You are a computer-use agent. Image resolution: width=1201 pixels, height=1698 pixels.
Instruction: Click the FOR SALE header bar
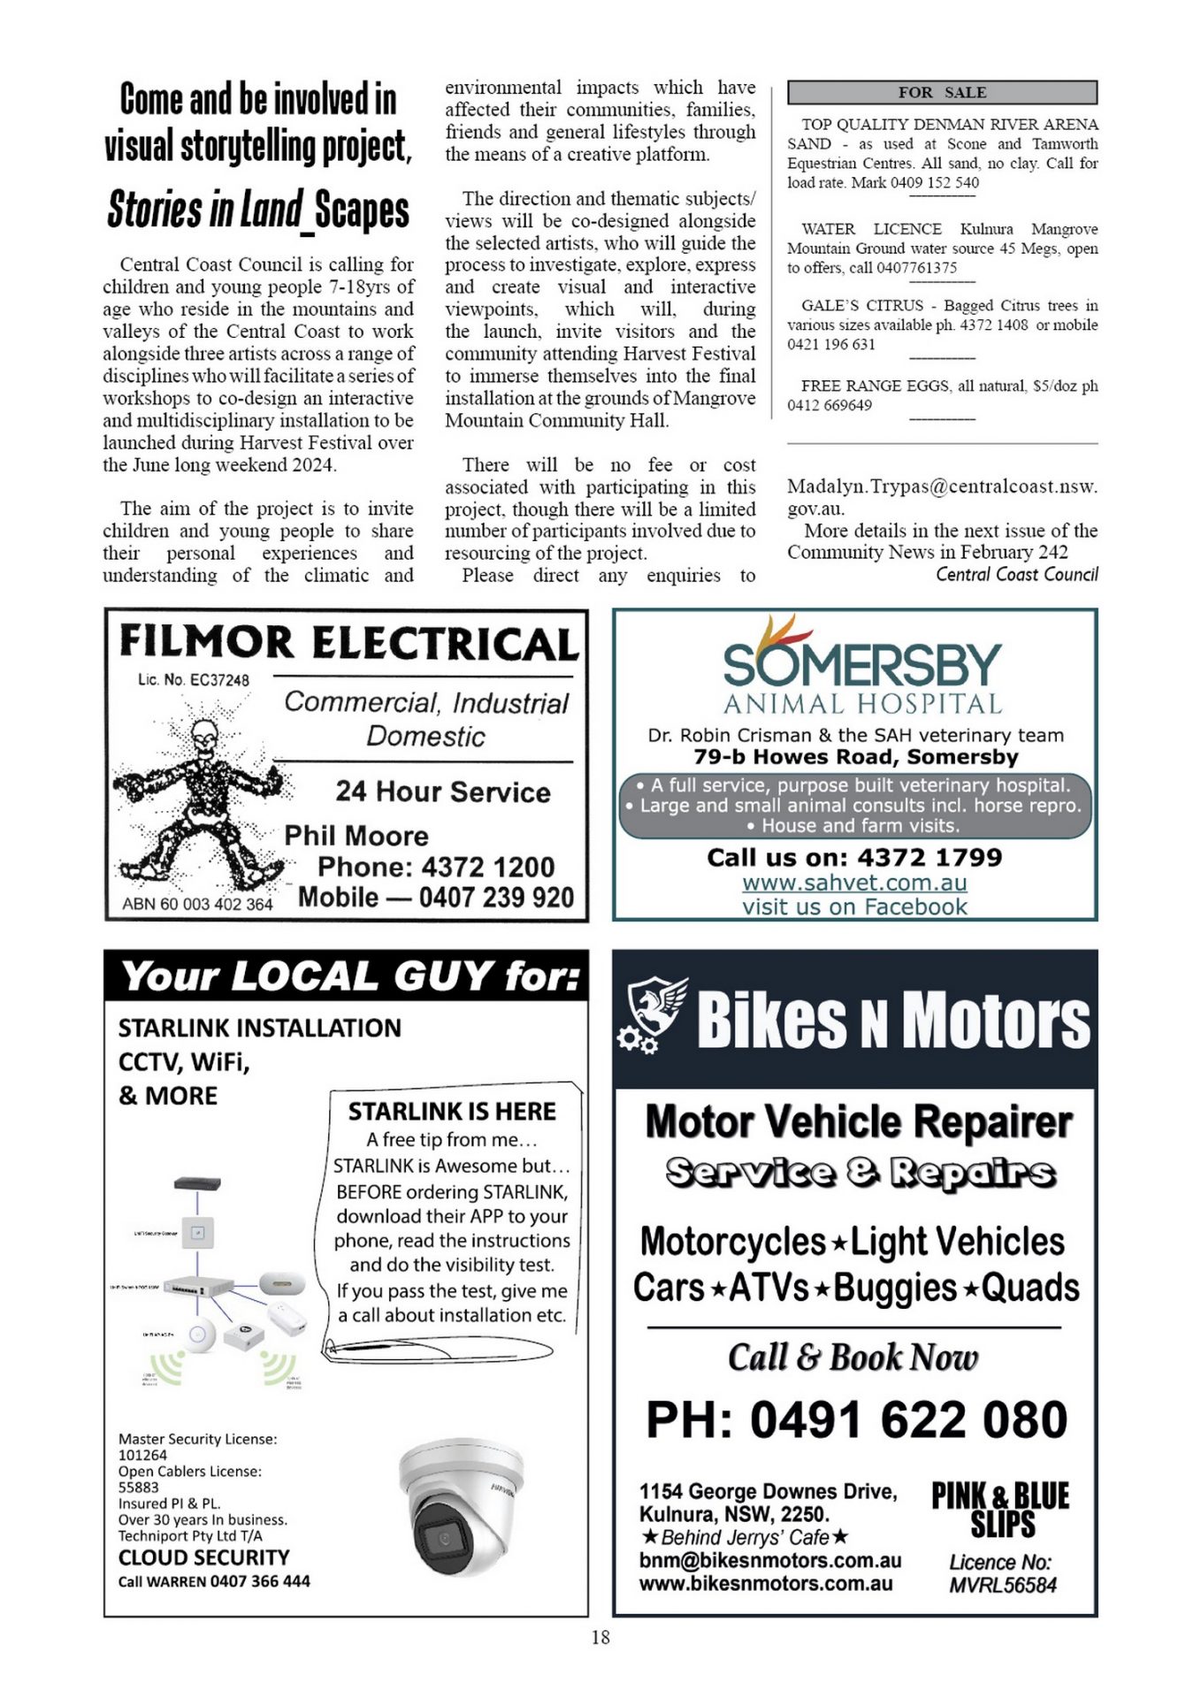click(942, 92)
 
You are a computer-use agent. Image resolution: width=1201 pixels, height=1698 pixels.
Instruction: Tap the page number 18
click(600, 1637)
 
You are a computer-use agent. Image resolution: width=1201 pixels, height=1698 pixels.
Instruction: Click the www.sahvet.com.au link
click(854, 883)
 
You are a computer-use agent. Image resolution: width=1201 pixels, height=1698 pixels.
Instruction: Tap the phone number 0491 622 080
click(856, 1419)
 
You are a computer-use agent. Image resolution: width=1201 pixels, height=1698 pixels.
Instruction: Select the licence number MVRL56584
click(1002, 1585)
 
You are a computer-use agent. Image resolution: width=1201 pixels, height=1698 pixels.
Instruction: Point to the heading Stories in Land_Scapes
click(258, 211)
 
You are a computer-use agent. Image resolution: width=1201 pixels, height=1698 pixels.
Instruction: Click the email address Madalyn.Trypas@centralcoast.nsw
click(942, 486)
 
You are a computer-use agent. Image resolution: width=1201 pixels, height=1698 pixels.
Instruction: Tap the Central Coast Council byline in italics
click(1016, 575)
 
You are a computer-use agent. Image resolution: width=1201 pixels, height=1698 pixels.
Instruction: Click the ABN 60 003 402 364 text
click(197, 904)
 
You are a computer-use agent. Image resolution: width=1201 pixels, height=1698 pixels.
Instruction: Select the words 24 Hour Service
click(442, 792)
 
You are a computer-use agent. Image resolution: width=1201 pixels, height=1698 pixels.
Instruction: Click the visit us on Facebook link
click(854, 906)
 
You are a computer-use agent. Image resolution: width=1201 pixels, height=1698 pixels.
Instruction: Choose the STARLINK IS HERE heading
click(451, 1111)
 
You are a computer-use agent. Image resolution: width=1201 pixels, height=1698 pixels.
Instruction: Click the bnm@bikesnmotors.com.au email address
click(769, 1561)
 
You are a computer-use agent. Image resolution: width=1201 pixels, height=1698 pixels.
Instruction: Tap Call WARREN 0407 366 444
click(214, 1581)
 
